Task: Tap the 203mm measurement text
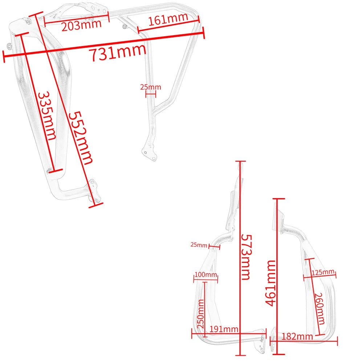[x=81, y=25]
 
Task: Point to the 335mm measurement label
[x=47, y=115]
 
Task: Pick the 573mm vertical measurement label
[x=246, y=257]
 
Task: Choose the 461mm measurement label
[x=270, y=283]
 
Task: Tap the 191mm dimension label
[x=224, y=329]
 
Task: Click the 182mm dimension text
[x=297, y=337]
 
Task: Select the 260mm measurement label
[x=319, y=309]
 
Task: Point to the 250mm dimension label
[x=201, y=314]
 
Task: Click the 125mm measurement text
[x=323, y=272]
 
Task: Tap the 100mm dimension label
[x=205, y=274]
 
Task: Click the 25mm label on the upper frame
[x=151, y=87]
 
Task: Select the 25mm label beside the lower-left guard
[x=199, y=245]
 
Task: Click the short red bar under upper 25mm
[x=151, y=94]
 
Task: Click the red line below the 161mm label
[x=168, y=26]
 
